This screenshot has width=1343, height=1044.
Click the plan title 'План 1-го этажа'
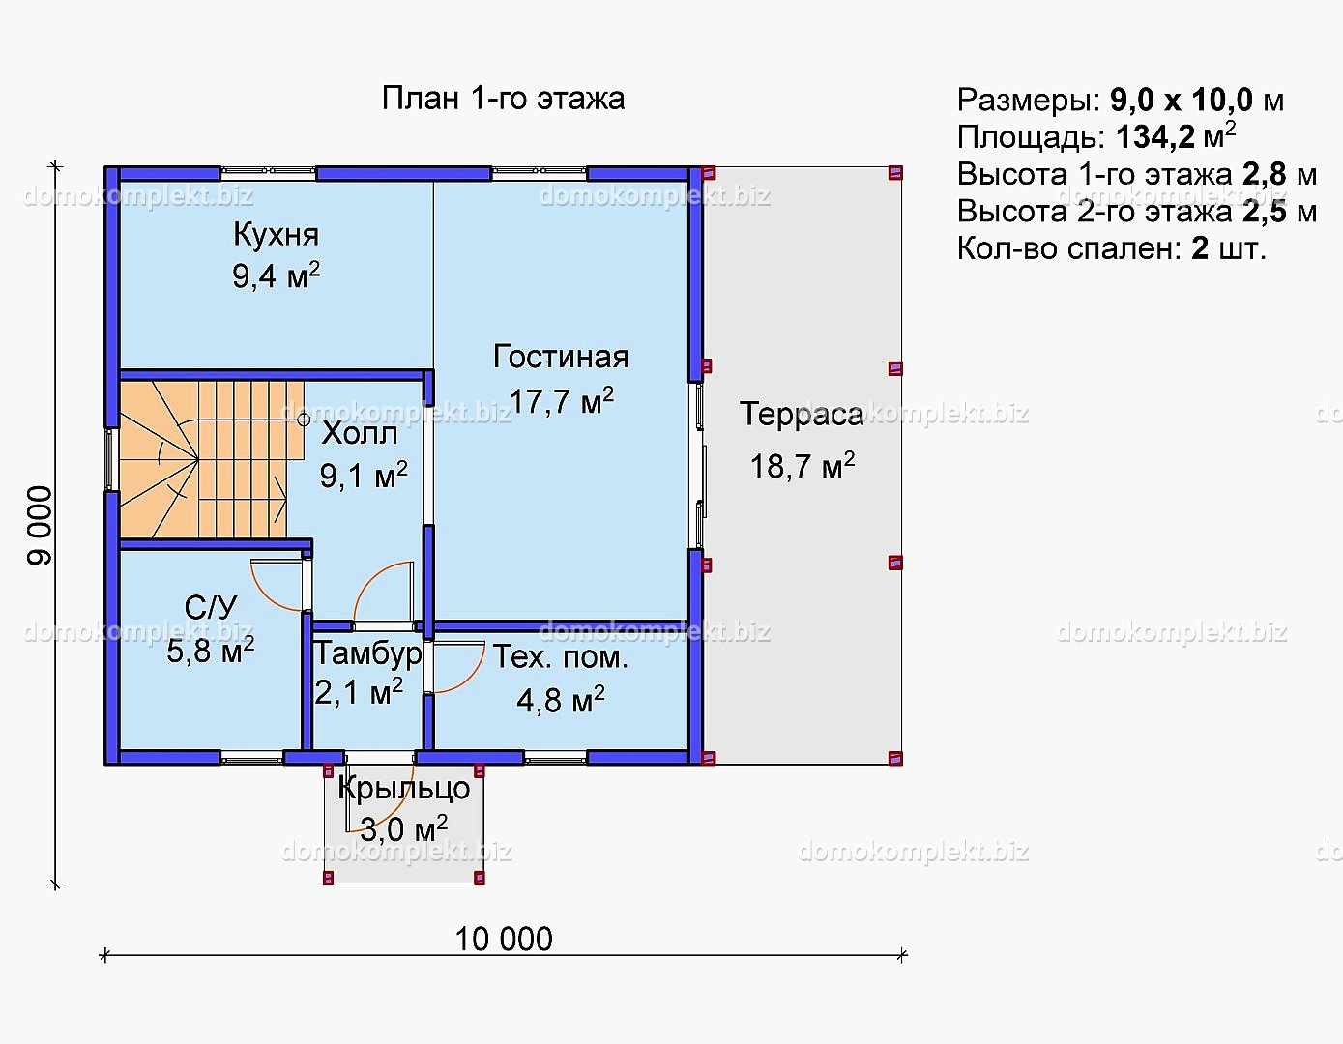[503, 99]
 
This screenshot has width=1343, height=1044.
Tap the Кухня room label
[277, 235]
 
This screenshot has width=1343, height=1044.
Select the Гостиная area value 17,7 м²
[561, 401]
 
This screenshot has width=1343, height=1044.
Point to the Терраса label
[802, 415]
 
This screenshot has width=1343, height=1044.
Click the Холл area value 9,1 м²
[364, 476]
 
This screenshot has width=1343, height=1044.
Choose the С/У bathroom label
[211, 608]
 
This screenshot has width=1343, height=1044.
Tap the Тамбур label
[368, 653]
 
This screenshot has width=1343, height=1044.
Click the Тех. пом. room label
[561, 657]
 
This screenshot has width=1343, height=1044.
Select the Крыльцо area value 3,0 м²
[403, 829]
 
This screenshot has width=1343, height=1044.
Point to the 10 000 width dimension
[504, 940]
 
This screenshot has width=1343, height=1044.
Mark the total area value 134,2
[1155, 137]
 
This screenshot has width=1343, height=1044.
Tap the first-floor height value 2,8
[1265, 175]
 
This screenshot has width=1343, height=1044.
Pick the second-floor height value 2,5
[1265, 212]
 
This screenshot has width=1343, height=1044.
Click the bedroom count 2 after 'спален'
[1200, 249]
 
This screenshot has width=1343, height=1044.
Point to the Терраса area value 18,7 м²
[803, 466]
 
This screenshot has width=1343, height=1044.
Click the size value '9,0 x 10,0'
[1182, 101]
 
